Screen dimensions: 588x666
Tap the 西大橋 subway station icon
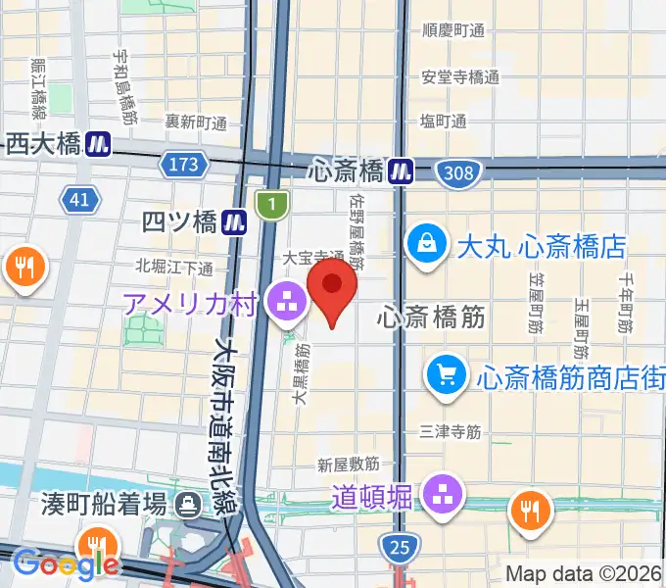tap(97, 145)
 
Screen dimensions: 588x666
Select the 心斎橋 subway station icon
tap(400, 171)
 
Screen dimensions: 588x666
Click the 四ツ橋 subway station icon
tap(234, 222)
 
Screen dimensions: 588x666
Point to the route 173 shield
tap(183, 166)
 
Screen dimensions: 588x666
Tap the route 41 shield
tap(79, 201)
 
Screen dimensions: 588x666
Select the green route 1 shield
tap(268, 204)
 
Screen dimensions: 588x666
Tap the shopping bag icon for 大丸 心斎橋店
tap(428, 246)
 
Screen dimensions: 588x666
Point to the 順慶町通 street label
tap(452, 29)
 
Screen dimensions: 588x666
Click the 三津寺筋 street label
tap(449, 430)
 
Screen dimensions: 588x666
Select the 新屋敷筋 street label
tap(348, 464)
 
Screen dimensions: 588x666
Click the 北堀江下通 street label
tap(175, 268)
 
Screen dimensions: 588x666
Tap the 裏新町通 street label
tap(195, 122)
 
